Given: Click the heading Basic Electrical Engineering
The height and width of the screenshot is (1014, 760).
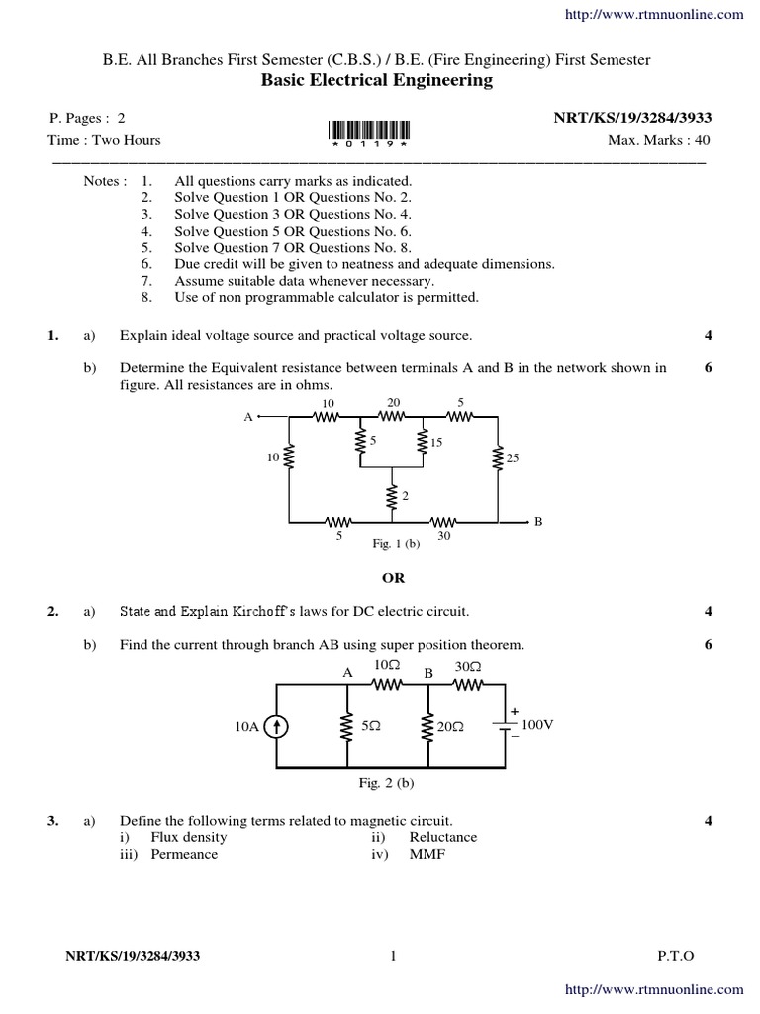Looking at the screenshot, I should point(376,81).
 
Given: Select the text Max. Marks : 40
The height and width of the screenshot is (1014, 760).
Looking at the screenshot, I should point(658,140).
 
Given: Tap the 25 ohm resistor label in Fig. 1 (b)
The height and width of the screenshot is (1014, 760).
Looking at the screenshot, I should point(512,458).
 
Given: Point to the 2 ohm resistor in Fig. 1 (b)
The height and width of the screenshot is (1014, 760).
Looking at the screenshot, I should point(393,495).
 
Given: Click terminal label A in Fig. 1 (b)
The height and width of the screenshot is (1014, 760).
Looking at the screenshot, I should point(248,418).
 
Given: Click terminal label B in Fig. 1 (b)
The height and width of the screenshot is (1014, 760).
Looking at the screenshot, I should point(538,521).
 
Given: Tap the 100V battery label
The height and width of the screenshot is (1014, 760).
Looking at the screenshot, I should point(537,725).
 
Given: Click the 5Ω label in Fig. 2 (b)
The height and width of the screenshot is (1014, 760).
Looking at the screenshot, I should point(372,726).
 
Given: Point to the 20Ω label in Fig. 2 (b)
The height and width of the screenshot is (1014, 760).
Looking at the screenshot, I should point(450,727).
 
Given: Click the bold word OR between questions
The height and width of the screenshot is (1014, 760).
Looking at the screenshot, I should point(394,577).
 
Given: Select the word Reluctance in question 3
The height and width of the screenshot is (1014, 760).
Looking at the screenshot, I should point(443,837).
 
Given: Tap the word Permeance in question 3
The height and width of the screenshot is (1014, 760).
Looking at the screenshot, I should point(184,854).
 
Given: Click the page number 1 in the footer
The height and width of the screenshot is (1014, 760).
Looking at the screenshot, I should point(393,956).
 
